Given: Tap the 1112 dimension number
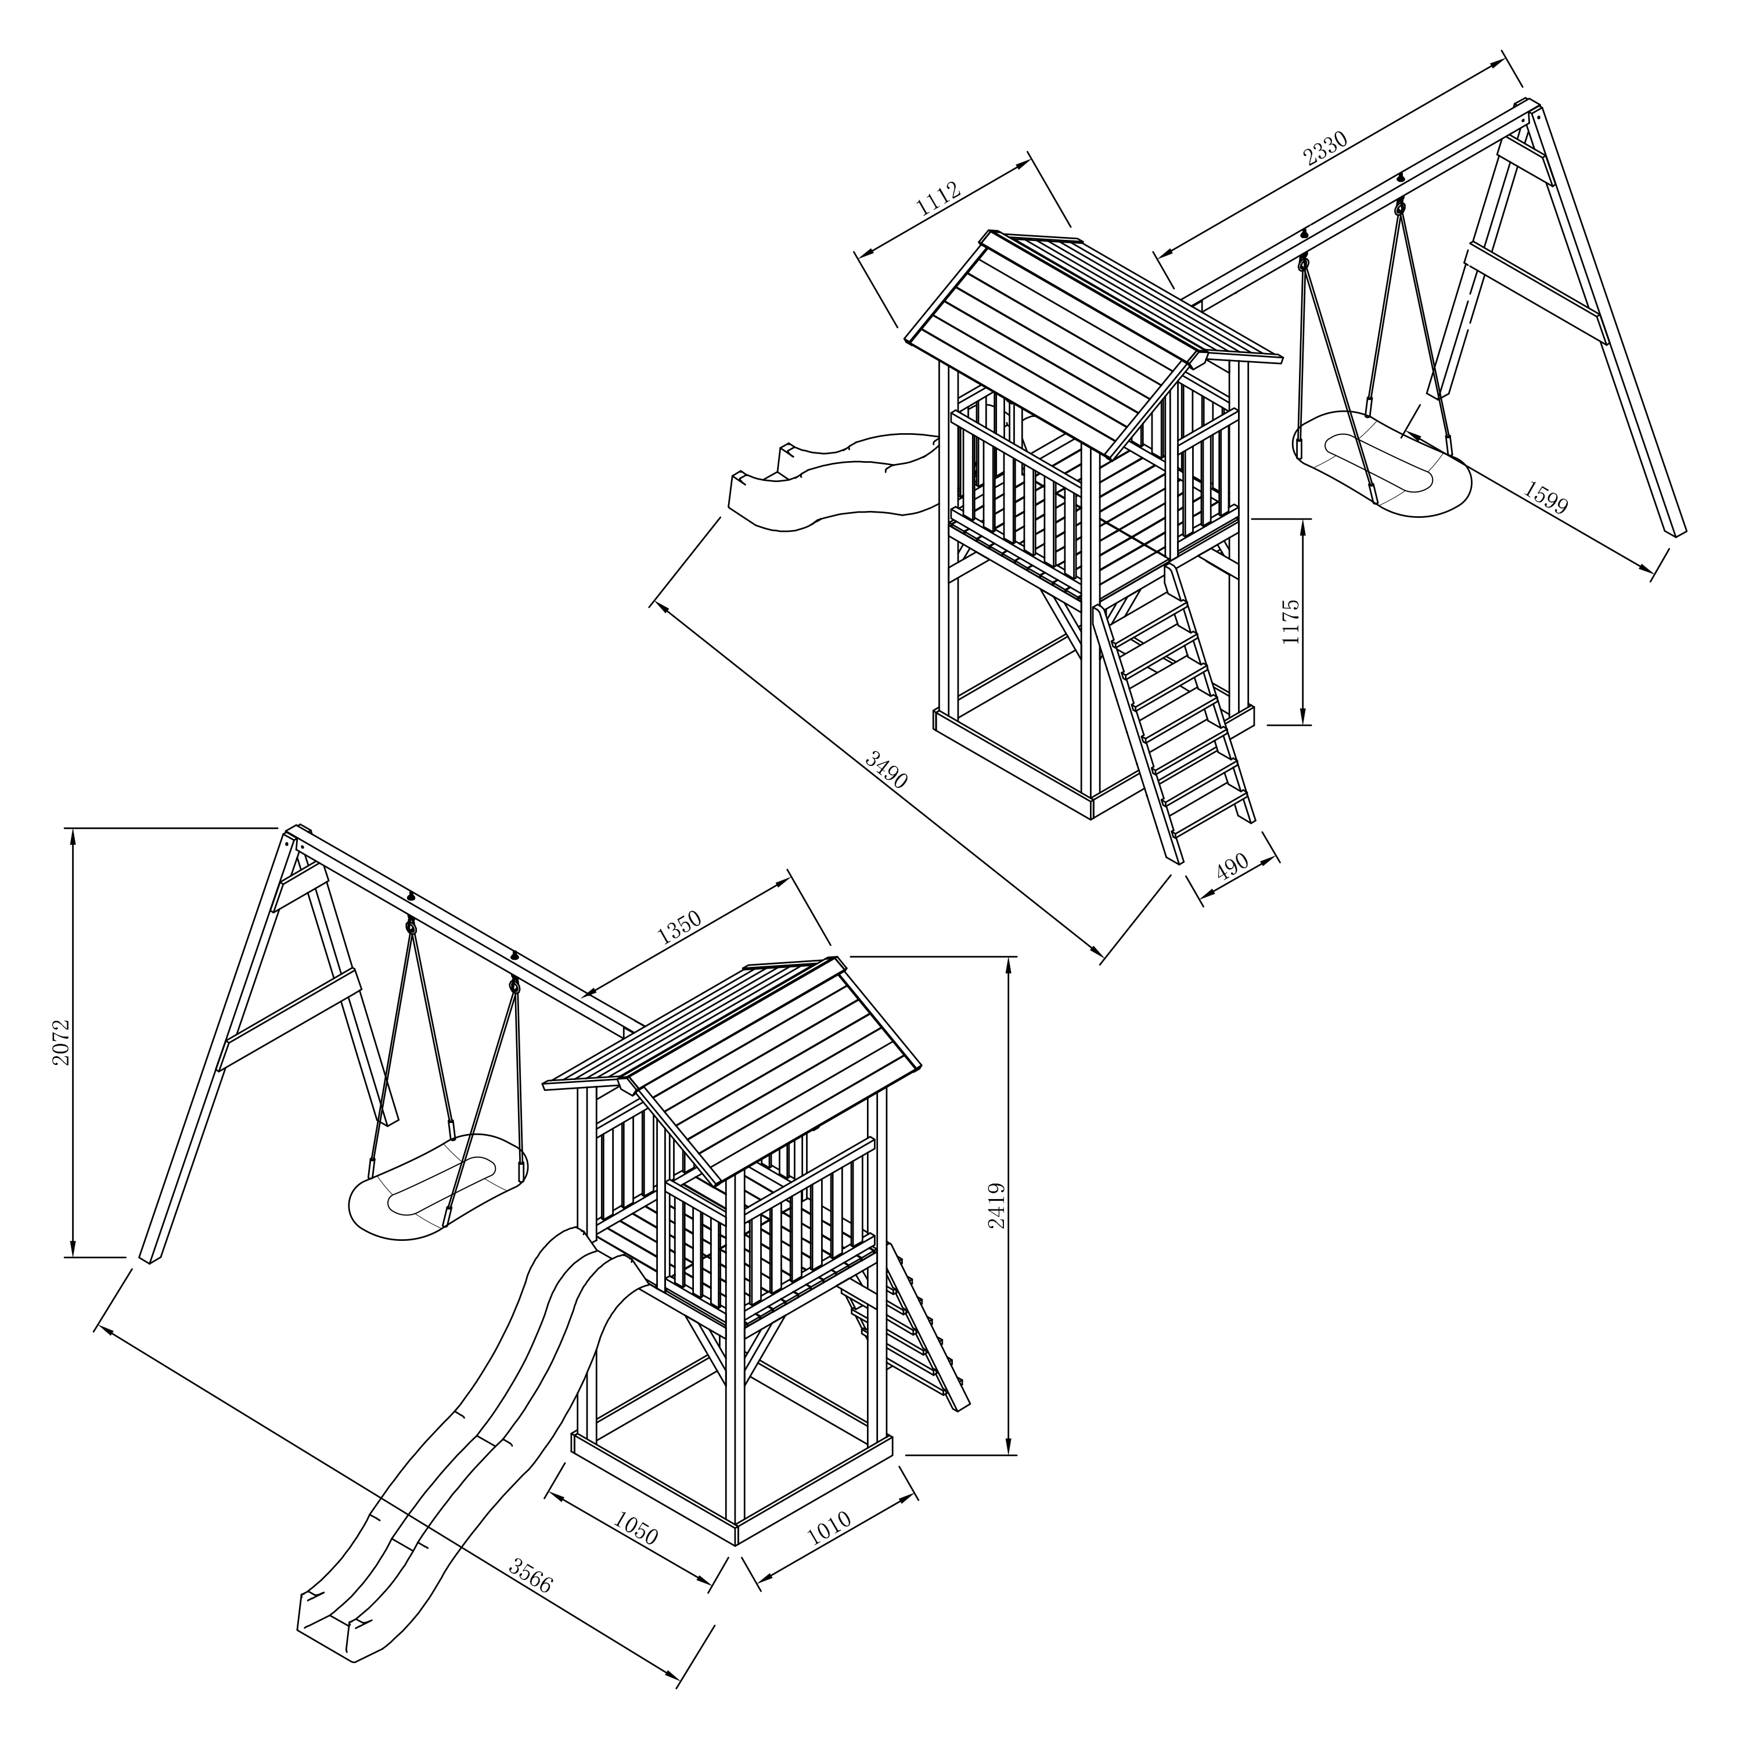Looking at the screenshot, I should [938, 200].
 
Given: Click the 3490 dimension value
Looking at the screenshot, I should [886, 770].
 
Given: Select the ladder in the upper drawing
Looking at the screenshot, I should [1172, 703].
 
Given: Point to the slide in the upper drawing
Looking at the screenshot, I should [830, 487].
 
